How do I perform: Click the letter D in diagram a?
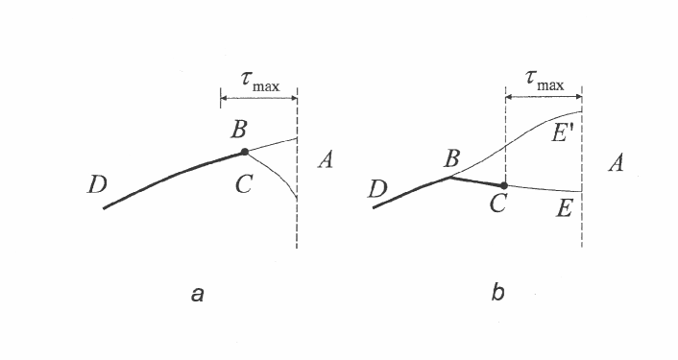(x=97, y=185)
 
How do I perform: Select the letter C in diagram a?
(x=243, y=184)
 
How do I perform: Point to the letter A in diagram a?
(x=325, y=161)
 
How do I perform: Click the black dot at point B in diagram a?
(x=245, y=152)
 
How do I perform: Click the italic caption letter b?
(x=497, y=294)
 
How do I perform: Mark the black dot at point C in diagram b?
(x=504, y=185)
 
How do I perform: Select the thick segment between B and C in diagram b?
(x=478, y=180)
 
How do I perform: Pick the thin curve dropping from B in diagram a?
(x=278, y=174)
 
